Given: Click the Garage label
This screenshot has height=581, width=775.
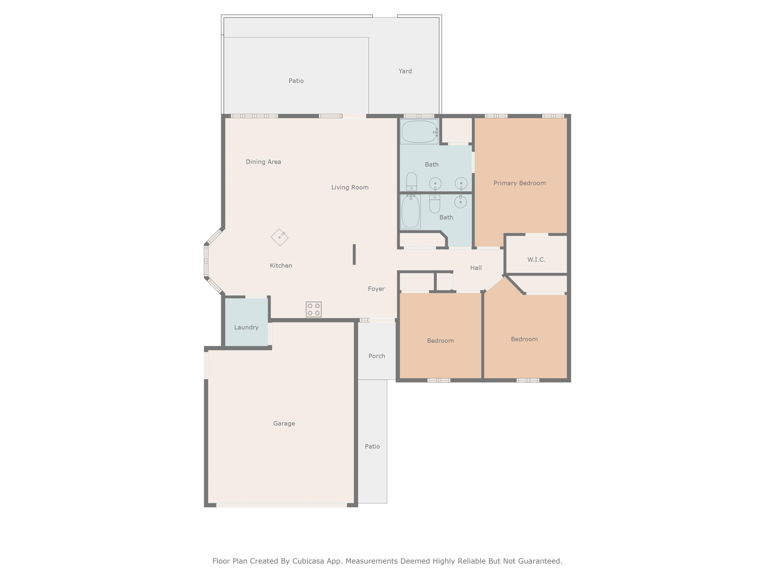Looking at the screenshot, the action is point(284,423).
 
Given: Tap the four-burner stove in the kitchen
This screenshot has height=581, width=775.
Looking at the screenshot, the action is point(314,309).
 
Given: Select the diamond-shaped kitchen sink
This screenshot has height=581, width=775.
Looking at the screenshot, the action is point(280,238).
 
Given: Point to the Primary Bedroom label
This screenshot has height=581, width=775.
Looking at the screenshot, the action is point(520,183).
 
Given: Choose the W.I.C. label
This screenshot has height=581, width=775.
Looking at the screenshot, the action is point(536,259).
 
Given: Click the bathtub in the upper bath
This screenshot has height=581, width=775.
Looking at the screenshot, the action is point(419,132).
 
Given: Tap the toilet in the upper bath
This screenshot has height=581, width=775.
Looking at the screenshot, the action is point(411,181).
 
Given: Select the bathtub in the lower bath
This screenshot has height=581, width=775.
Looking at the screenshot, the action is point(411,212).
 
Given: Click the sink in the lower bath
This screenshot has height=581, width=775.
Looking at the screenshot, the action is point(460,201).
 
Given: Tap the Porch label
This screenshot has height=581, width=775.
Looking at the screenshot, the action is point(377,356).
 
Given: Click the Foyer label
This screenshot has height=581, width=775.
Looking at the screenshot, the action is point(376,289).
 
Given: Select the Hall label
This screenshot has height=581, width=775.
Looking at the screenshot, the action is point(476,268).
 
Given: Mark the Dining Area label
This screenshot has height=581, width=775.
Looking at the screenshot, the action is point(263,162).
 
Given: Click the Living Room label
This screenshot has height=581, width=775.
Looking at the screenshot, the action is point(350,187).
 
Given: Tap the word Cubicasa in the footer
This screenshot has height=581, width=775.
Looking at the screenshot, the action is point(308,561).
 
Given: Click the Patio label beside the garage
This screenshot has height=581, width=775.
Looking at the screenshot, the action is point(372,447).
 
